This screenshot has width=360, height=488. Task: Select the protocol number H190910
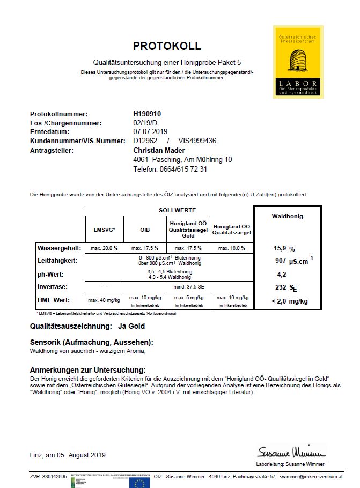coord(147,114)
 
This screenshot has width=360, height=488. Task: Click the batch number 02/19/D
coord(146,123)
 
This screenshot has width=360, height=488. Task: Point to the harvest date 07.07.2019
coord(150,131)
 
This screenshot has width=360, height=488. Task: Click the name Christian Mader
coord(159,150)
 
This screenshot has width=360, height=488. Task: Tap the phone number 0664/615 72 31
coord(170,169)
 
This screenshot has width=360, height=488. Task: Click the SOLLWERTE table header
coord(177,210)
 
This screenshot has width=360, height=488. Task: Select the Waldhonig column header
coord(288,217)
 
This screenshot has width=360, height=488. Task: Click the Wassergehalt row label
coord(59,248)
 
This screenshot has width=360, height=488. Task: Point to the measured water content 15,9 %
coord(285,249)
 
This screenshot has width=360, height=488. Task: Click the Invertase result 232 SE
coord(284,287)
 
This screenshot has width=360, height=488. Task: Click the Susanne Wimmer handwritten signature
coord(291,450)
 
